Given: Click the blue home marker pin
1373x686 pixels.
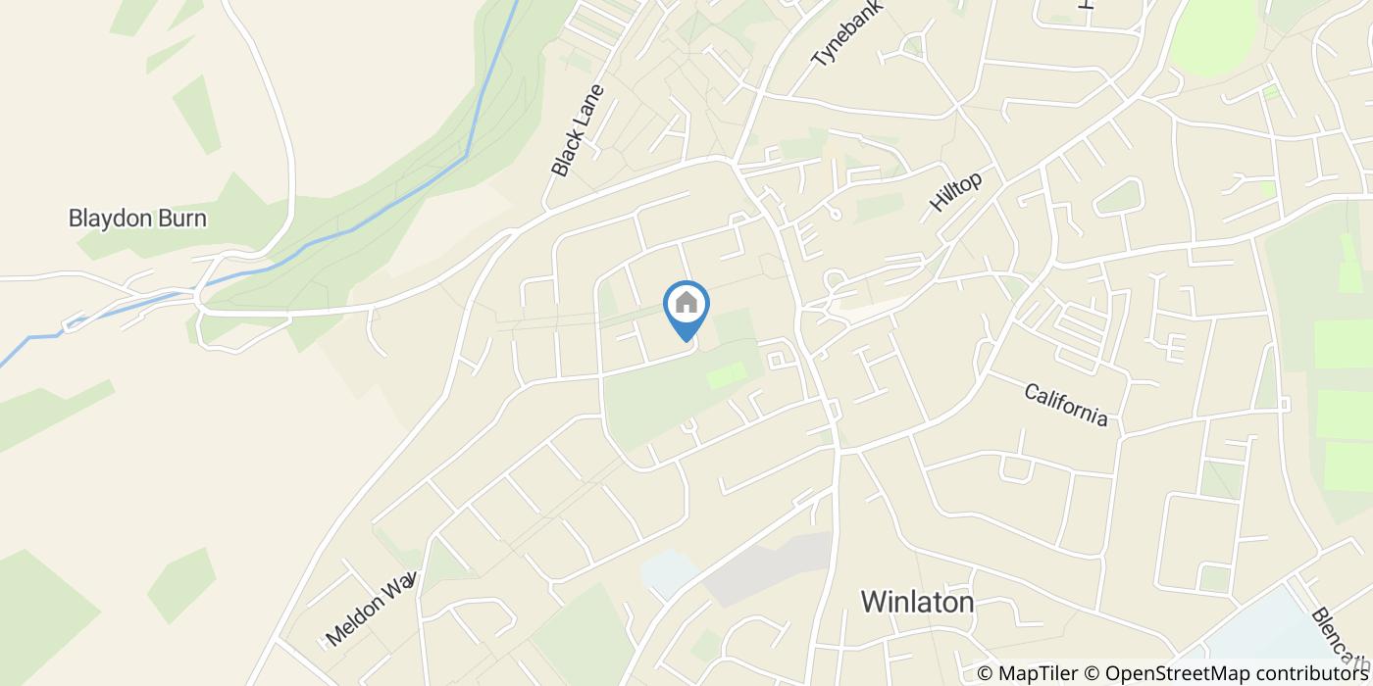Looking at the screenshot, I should tap(686, 306).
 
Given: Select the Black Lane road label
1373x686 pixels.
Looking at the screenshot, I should tap(577, 130).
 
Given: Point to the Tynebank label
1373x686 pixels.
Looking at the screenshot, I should tap(847, 33).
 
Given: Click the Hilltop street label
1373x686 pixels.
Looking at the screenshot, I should tap(955, 192).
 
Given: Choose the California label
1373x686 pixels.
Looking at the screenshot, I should tap(1066, 405).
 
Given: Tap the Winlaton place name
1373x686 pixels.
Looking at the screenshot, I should tap(917, 602).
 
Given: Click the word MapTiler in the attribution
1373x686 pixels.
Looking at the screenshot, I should tap(1037, 673).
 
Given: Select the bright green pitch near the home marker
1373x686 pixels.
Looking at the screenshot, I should tap(726, 373).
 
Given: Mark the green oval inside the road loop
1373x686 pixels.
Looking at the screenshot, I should tap(1119, 197).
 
